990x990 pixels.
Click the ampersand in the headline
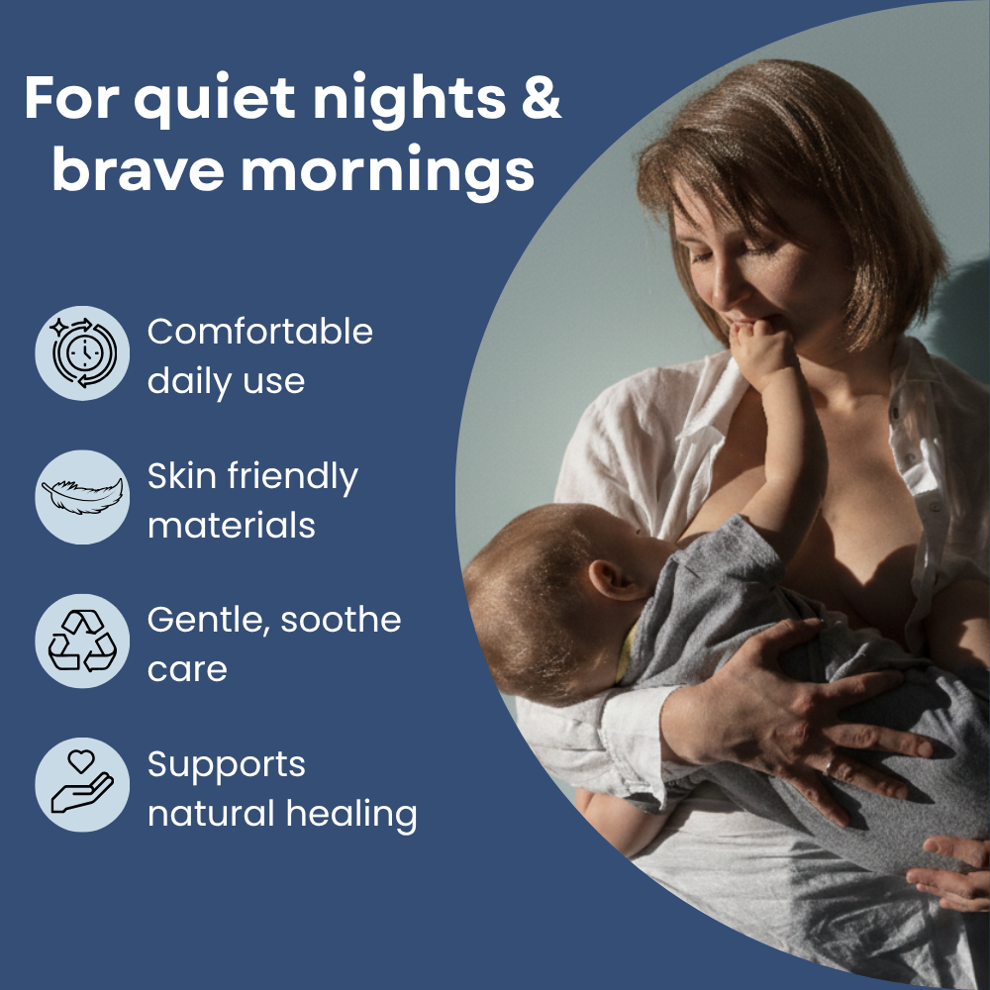click(542, 97)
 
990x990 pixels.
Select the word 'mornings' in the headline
click(388, 170)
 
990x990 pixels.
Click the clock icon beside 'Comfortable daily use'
click(82, 353)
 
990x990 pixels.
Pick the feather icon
click(82, 497)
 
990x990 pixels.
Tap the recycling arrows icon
click(82, 641)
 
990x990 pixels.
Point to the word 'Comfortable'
click(260, 332)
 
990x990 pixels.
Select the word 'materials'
click(231, 526)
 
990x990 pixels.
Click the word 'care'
click(187, 670)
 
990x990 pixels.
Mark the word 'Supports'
click(226, 766)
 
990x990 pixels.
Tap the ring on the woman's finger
click(829, 766)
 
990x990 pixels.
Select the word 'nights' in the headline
click(410, 100)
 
